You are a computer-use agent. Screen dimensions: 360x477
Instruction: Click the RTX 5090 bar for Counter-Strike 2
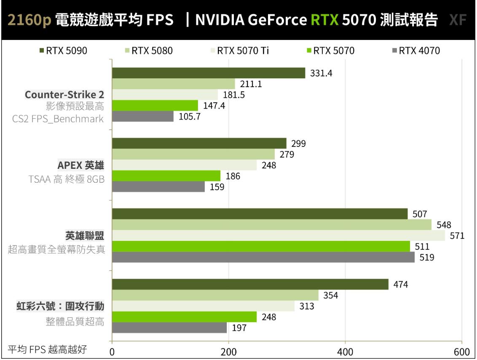coord(209,73)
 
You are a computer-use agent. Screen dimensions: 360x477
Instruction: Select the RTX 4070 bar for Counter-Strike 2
coord(143,117)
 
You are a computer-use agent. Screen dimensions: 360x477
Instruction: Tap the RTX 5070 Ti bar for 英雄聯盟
coord(279,236)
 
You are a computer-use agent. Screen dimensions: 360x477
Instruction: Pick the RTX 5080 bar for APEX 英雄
coord(193,155)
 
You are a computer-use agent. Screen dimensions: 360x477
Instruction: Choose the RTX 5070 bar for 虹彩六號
coord(185,317)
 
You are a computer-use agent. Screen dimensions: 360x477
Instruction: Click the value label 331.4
coord(321,73)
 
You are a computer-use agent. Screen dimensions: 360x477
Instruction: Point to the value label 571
coord(457,236)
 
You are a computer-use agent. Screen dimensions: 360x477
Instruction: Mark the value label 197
coord(239,328)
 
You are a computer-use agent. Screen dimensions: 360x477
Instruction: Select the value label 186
coord(232,176)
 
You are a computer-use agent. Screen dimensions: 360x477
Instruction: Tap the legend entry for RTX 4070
coord(416,51)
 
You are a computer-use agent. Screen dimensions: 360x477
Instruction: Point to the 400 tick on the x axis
coord(345,352)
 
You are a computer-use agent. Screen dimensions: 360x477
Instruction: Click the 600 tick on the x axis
coord(462,352)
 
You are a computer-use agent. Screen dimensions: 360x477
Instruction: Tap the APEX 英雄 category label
coord(80,165)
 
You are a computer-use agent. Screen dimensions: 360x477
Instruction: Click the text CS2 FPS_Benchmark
coord(58,119)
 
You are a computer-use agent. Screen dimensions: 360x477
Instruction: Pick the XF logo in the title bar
coord(458,20)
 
